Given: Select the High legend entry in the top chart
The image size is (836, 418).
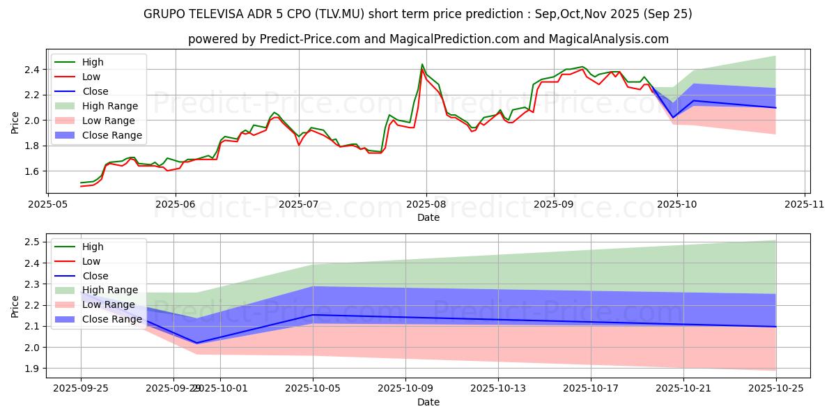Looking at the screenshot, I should [x=93, y=62].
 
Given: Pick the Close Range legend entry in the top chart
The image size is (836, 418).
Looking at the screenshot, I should [x=111, y=135].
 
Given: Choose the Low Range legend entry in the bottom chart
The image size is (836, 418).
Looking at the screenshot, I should [x=109, y=304].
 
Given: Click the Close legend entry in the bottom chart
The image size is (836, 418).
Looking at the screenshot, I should [x=96, y=275].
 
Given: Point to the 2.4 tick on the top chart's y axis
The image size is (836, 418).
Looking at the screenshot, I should [x=31, y=70].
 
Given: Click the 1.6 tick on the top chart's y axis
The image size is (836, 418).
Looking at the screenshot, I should [x=31, y=171].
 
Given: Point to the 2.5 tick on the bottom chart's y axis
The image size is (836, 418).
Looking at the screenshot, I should [x=31, y=242].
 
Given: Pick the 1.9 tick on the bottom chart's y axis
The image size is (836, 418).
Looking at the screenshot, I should [x=31, y=369].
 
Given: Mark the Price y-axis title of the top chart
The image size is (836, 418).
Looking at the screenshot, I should [x=15, y=122].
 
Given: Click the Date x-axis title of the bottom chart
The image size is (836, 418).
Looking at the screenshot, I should [x=428, y=402].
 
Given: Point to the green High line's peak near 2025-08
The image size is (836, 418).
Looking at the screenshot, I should [x=422, y=64].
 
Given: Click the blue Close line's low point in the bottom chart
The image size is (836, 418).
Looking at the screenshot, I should [x=196, y=343].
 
